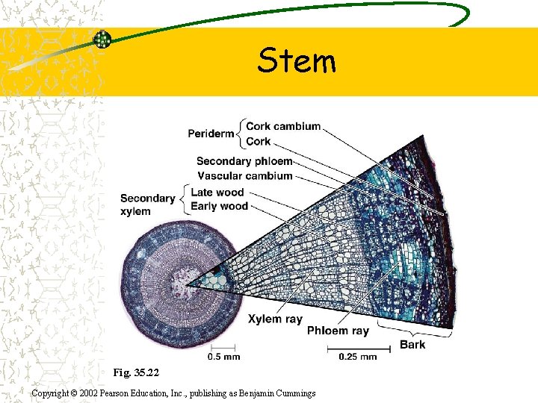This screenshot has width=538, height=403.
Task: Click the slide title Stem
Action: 297,61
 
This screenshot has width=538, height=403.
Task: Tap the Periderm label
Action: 211,134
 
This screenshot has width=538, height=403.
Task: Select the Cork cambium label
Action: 283,126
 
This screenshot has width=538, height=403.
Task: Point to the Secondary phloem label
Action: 244,161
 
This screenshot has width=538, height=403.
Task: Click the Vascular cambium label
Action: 244,176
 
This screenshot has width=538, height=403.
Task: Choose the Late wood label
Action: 217,193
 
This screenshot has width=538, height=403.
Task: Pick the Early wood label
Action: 220,206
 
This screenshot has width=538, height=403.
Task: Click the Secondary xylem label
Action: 147,204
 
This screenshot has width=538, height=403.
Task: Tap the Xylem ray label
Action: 275,319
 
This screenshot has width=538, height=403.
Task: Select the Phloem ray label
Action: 338,331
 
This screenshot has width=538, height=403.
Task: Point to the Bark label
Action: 412,344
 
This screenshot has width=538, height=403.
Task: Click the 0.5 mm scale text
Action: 223,357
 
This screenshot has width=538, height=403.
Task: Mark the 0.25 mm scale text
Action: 357,357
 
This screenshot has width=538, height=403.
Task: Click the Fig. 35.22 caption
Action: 136,371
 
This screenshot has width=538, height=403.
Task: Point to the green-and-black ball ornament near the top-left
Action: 102,40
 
